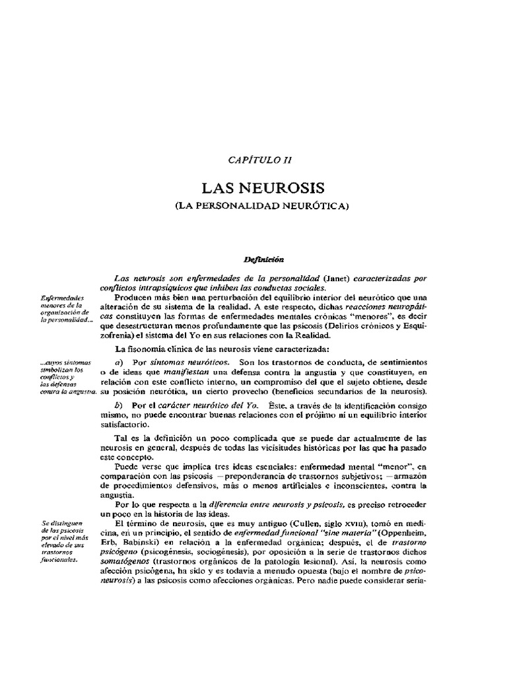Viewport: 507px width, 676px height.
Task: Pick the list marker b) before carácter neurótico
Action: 119,404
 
